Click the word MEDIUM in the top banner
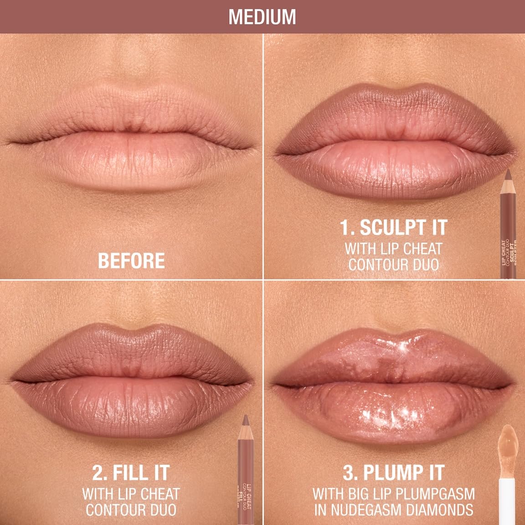(x=262, y=16)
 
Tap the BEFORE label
(x=131, y=261)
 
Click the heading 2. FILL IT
(x=131, y=473)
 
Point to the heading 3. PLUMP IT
(x=394, y=473)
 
